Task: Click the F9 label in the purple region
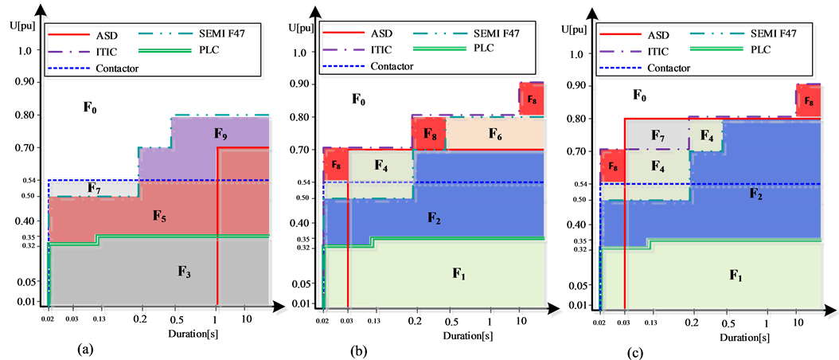[220, 135]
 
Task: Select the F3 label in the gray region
[185, 272]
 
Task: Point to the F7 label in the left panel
[93, 189]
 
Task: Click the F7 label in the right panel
[658, 135]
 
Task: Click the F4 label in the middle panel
[380, 166]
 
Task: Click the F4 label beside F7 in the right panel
[706, 135]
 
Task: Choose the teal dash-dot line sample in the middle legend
[439, 34]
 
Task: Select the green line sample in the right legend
[716, 49]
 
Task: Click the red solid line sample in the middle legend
[344, 34]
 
